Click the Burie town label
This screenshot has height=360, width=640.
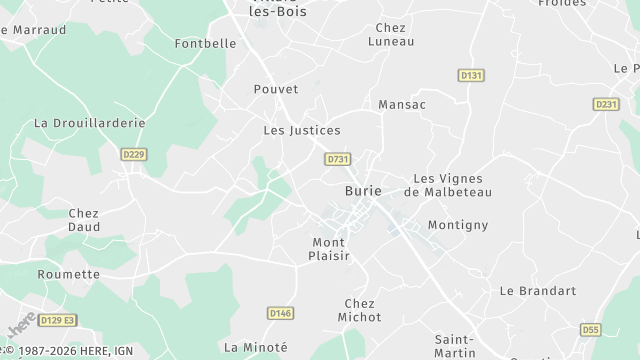pyautogui.click(x=362, y=190)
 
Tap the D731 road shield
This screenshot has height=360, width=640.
pyautogui.click(x=338, y=159)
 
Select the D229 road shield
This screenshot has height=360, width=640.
pyautogui.click(x=133, y=154)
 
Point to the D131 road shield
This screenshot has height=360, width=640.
pyautogui.click(x=471, y=75)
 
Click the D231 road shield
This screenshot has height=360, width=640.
pyautogui.click(x=606, y=104)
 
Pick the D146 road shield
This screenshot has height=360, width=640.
pyautogui.click(x=281, y=313)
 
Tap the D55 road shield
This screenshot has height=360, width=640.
pyautogui.click(x=591, y=329)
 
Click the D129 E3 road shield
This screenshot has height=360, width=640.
pyautogui.click(x=57, y=320)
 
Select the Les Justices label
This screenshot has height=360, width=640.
pyautogui.click(x=301, y=130)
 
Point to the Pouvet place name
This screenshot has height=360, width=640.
pyautogui.click(x=276, y=89)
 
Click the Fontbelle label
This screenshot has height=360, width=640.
pyautogui.click(x=205, y=44)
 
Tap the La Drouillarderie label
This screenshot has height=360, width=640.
pyautogui.click(x=90, y=123)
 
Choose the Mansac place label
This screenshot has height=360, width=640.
pyautogui.click(x=402, y=104)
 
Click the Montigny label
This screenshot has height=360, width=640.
pyautogui.click(x=458, y=225)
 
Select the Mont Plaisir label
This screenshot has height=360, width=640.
pyautogui.click(x=328, y=249)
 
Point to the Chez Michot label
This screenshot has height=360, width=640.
pyautogui.click(x=359, y=310)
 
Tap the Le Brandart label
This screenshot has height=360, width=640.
pyautogui.click(x=538, y=291)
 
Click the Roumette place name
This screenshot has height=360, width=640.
pyautogui.click(x=69, y=274)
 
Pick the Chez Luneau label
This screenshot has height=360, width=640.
pyautogui.click(x=390, y=35)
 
